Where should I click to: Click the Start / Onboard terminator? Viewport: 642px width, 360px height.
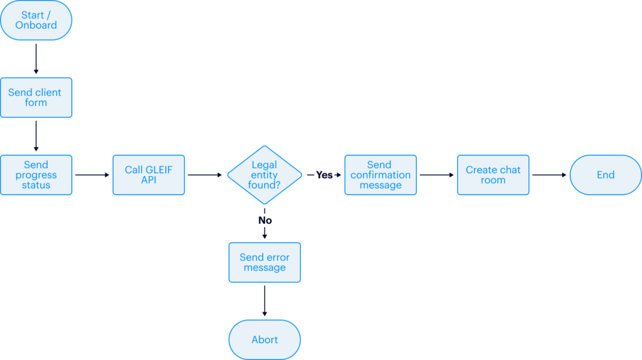36,20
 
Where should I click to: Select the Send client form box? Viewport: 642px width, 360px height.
36,97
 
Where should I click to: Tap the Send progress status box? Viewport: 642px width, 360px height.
36,175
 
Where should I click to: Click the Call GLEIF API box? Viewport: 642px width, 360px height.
149,175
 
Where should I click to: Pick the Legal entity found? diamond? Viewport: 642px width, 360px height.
264,175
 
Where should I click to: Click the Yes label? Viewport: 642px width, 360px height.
324,175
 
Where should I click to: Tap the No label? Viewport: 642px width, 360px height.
265,220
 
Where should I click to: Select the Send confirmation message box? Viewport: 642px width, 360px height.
380,175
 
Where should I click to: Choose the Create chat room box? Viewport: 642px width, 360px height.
493,175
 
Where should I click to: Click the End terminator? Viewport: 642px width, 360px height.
605,175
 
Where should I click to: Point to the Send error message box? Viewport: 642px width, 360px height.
264,262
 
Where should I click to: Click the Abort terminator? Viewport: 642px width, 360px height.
264,339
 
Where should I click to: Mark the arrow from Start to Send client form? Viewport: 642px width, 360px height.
36,59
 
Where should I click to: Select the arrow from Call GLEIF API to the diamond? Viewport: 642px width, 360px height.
206,175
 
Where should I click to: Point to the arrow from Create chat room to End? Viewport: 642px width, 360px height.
549,175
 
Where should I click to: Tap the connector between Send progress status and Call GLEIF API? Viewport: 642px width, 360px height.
92,175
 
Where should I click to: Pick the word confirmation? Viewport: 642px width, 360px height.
380,175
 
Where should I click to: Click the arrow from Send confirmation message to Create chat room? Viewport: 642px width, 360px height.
436,175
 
